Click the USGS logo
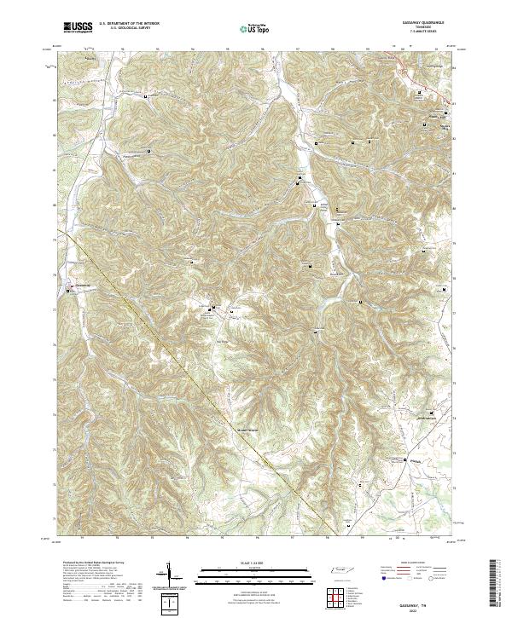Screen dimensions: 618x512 coord(79,26)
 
